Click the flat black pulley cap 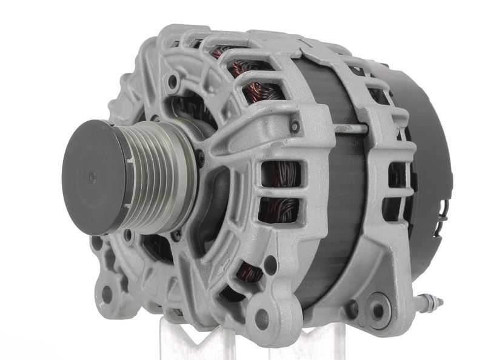coord(91,176)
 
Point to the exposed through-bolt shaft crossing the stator coord(350,129)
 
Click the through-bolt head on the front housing coord(295,127)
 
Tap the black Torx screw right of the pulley coord(200,159)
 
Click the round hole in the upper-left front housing coord(173,80)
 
